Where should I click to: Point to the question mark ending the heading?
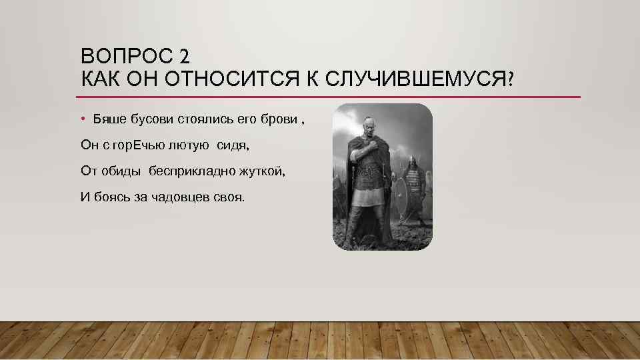pyautogui.click(x=510, y=79)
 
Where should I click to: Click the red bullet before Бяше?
pyautogui.click(x=83, y=119)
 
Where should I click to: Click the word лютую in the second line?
pyautogui.click(x=190, y=145)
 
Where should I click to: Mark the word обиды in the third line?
pyautogui.click(x=121, y=171)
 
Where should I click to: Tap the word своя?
pyautogui.click(x=230, y=197)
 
